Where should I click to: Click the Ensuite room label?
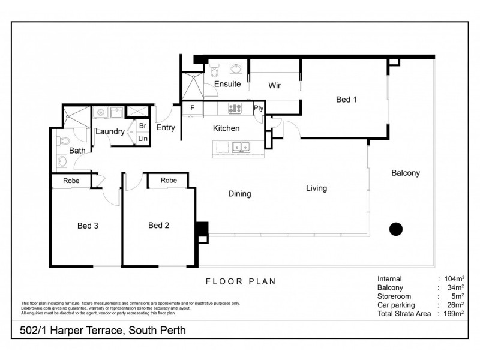coord(227,84)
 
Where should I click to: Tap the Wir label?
coord(274,86)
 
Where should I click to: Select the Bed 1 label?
coord(346,100)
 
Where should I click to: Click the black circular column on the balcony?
coord(396,229)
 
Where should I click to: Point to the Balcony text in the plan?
coord(406,173)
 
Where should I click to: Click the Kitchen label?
coord(226,128)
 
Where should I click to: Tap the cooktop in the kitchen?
coord(233,109)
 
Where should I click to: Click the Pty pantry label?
coord(259,109)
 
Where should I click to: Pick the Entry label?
coord(166,127)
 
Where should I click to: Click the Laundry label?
coord(110,131)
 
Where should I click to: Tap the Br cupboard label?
coord(143,126)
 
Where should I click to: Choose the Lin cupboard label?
coord(143,139)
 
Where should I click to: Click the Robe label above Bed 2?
coord(169,180)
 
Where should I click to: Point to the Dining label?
coord(239,194)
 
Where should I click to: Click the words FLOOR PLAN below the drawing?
coord(241,281)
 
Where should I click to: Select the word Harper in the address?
coord(64,330)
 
